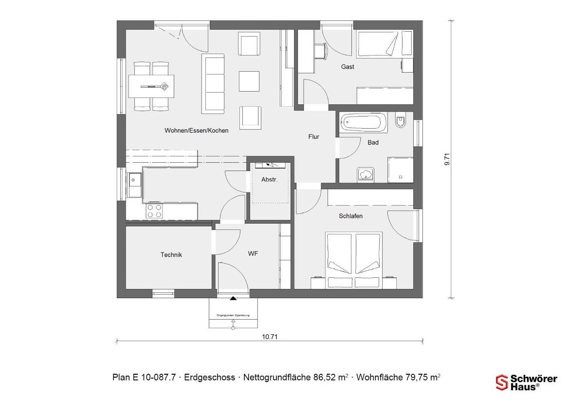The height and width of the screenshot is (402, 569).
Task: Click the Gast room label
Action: [348, 67]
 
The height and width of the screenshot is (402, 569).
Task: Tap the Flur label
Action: [314, 137]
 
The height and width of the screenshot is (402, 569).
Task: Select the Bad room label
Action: [373, 143]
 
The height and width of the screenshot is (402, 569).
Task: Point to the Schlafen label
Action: [351, 216]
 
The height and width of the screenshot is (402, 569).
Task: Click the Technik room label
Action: [171, 254]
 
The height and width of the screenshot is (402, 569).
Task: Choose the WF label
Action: [253, 254]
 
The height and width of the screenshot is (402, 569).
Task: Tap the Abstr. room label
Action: [269, 179]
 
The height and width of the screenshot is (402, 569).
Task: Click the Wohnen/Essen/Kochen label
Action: [196, 131]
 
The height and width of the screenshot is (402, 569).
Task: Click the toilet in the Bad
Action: [401, 121]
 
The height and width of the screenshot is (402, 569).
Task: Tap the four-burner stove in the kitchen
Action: [155, 211]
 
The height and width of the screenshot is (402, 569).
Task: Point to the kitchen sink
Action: [134, 184]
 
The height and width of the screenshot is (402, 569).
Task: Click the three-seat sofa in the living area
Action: [214, 83]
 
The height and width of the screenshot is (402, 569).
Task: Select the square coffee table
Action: [249, 81]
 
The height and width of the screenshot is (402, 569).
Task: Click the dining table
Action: [151, 87]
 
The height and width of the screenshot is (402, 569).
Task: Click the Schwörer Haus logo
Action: [526, 382]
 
